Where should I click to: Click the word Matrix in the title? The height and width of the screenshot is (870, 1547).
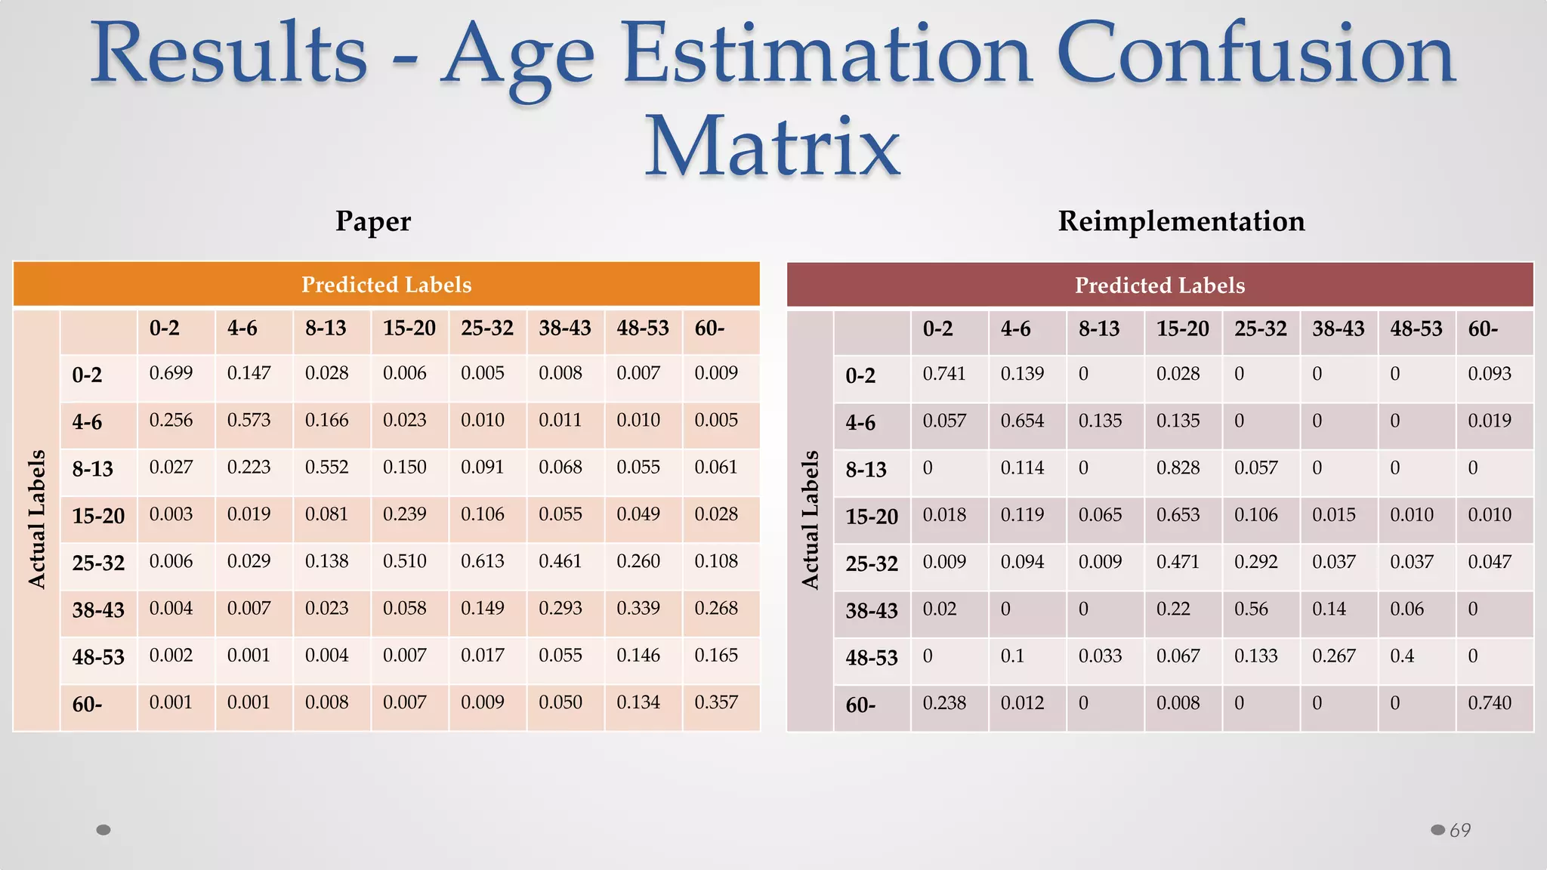click(772, 145)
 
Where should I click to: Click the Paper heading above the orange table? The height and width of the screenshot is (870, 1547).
click(373, 221)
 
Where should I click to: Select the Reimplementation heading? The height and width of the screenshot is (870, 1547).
click(1181, 221)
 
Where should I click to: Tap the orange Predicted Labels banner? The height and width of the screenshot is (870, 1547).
click(386, 285)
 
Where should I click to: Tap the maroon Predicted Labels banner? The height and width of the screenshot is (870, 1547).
click(1159, 285)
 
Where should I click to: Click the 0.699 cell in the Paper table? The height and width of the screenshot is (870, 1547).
click(171, 373)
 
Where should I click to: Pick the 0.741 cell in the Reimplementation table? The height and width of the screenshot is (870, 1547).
click(944, 374)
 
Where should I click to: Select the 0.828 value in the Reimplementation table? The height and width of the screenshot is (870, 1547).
click(1178, 468)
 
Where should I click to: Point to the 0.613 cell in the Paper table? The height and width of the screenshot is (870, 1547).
click(483, 561)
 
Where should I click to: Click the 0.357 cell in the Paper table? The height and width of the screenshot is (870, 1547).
click(716, 702)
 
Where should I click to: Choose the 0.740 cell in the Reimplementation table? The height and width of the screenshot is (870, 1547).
click(1490, 703)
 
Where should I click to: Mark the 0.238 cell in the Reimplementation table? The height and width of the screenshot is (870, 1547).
click(944, 703)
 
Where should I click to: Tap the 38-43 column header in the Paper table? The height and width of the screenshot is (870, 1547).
click(565, 328)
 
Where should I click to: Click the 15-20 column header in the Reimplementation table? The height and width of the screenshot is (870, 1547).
click(1182, 329)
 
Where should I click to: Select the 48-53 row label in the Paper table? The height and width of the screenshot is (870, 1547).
click(98, 657)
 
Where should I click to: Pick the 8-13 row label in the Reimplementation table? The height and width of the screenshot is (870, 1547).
click(866, 470)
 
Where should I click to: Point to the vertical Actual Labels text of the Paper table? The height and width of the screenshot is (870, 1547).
click(36, 519)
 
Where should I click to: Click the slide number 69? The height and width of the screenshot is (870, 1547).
click(1460, 830)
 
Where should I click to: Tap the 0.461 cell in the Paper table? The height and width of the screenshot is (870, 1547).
click(560, 561)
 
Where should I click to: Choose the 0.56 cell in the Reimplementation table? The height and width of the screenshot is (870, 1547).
click(1251, 609)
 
